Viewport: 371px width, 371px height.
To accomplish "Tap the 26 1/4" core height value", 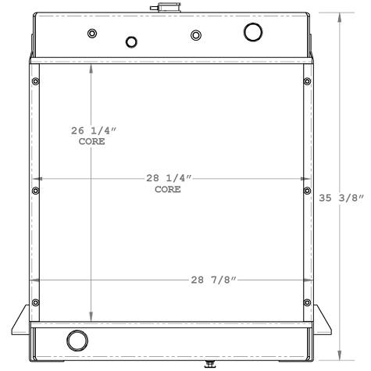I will (91, 131).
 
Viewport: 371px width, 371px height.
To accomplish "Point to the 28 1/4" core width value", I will (168, 179).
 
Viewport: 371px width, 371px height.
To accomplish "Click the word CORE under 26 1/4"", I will (92, 142).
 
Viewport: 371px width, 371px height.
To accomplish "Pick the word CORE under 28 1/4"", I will (168, 190).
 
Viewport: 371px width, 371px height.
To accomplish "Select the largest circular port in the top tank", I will (254, 32).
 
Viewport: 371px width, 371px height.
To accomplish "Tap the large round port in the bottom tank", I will (77, 341).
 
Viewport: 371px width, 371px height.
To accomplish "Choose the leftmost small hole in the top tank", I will (92, 34).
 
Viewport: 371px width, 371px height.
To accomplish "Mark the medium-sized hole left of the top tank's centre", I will (131, 42).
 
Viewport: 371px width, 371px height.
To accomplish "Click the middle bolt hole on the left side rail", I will (35, 187).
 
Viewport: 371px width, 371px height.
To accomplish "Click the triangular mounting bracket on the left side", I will (22, 320).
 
